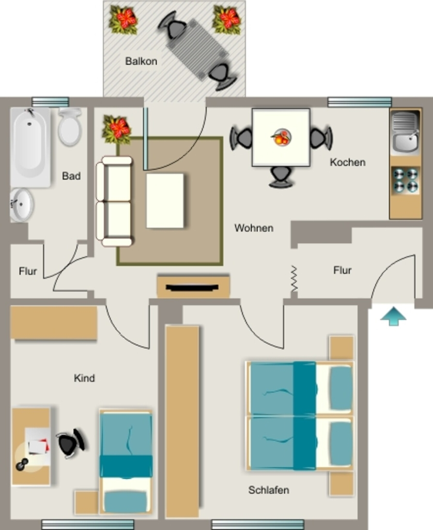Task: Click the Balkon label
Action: (x=141, y=61)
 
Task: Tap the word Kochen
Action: (x=348, y=162)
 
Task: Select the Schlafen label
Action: (x=269, y=490)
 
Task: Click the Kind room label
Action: (x=84, y=378)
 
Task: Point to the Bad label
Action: (x=71, y=176)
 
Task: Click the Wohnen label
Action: (x=254, y=228)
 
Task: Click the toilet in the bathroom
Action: (x=70, y=126)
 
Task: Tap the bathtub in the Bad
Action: (x=30, y=148)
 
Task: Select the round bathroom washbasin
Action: (x=21, y=205)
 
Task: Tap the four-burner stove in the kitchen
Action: (x=405, y=180)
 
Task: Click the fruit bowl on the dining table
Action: (x=281, y=137)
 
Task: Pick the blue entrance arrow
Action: (x=393, y=316)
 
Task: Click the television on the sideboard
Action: (x=192, y=288)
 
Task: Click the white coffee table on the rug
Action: (x=165, y=201)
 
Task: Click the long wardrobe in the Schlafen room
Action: (x=182, y=421)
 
